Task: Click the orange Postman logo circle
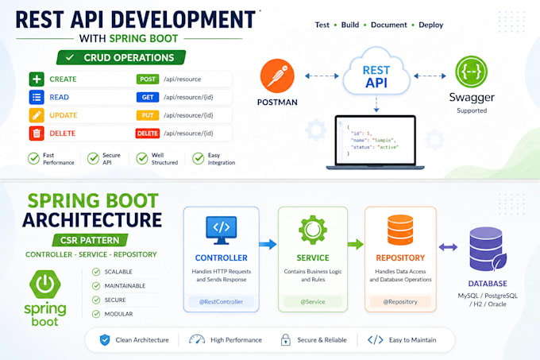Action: click(x=277, y=75)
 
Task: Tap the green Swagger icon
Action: click(x=471, y=72)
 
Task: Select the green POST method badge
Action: click(x=148, y=79)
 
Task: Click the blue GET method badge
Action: click(x=148, y=97)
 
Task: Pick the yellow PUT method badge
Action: click(x=148, y=115)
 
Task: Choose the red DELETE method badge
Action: click(x=148, y=134)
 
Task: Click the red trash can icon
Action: click(x=37, y=134)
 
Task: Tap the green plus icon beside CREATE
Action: click(x=37, y=79)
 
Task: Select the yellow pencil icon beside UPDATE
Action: click(x=37, y=115)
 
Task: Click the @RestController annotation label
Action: click(x=221, y=302)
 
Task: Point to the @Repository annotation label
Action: click(x=400, y=302)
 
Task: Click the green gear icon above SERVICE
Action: click(x=313, y=230)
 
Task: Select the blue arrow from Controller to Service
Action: click(x=268, y=244)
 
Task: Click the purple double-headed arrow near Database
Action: click(x=448, y=247)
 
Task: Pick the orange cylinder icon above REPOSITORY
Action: click(x=400, y=230)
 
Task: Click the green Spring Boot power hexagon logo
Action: click(x=45, y=285)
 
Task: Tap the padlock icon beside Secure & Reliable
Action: click(x=286, y=339)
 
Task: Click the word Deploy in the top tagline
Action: click(x=431, y=25)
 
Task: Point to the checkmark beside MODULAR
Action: click(x=96, y=314)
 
